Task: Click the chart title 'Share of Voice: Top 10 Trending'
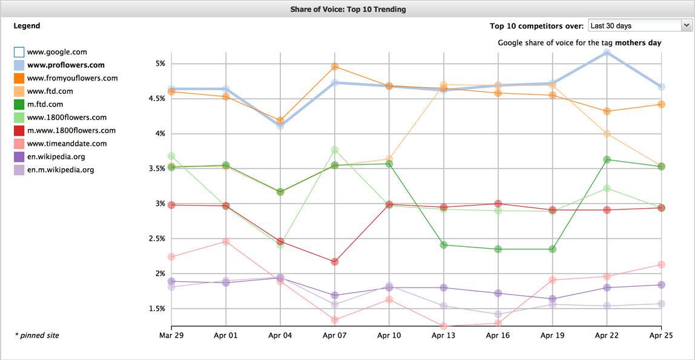[x=347, y=9]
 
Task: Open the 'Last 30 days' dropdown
[x=639, y=25]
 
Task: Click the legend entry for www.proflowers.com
[x=65, y=65]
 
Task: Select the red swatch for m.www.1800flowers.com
[x=19, y=131]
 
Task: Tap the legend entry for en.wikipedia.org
[x=56, y=157]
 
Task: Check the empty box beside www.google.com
[x=19, y=52]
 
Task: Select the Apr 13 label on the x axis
[x=444, y=335]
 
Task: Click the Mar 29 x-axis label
[x=171, y=335]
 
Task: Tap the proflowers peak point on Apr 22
[x=607, y=53]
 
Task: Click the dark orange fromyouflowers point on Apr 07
[x=335, y=67]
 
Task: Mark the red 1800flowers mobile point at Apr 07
[x=335, y=262]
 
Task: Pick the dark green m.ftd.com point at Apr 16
[x=498, y=249]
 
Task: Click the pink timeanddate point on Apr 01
[x=226, y=241]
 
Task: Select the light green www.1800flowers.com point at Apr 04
[x=280, y=244]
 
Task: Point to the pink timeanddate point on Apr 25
[x=662, y=264]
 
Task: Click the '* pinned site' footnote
[x=37, y=335]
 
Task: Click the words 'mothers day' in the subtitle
[x=638, y=43]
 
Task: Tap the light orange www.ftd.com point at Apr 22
[x=607, y=134]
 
